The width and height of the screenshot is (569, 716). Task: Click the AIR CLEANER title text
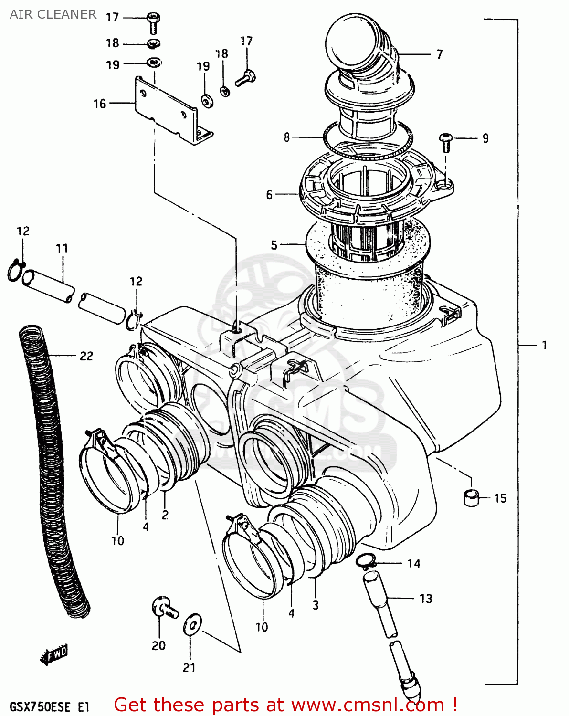[x=53, y=14]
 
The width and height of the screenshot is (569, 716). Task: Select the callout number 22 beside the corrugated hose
[x=86, y=356]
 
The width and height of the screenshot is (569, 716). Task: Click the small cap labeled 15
[x=471, y=497]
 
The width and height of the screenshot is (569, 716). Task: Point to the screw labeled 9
[x=445, y=139]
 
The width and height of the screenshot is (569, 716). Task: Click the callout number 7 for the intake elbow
[x=439, y=54]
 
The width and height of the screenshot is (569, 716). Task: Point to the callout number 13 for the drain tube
[x=425, y=599]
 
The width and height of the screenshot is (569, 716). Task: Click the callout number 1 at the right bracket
[x=544, y=345]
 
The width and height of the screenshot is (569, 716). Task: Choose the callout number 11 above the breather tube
[x=62, y=248]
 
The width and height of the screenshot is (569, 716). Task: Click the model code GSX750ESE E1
[x=49, y=706]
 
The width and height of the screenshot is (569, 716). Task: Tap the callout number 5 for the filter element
[x=274, y=245]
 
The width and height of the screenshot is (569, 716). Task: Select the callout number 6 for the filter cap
[x=269, y=194]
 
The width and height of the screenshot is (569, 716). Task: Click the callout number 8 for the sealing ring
[x=286, y=137]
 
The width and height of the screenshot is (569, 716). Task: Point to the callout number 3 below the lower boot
[x=316, y=605]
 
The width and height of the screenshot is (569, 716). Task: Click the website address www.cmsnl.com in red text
[x=368, y=705]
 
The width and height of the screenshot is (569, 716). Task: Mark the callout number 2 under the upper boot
[x=165, y=515]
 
